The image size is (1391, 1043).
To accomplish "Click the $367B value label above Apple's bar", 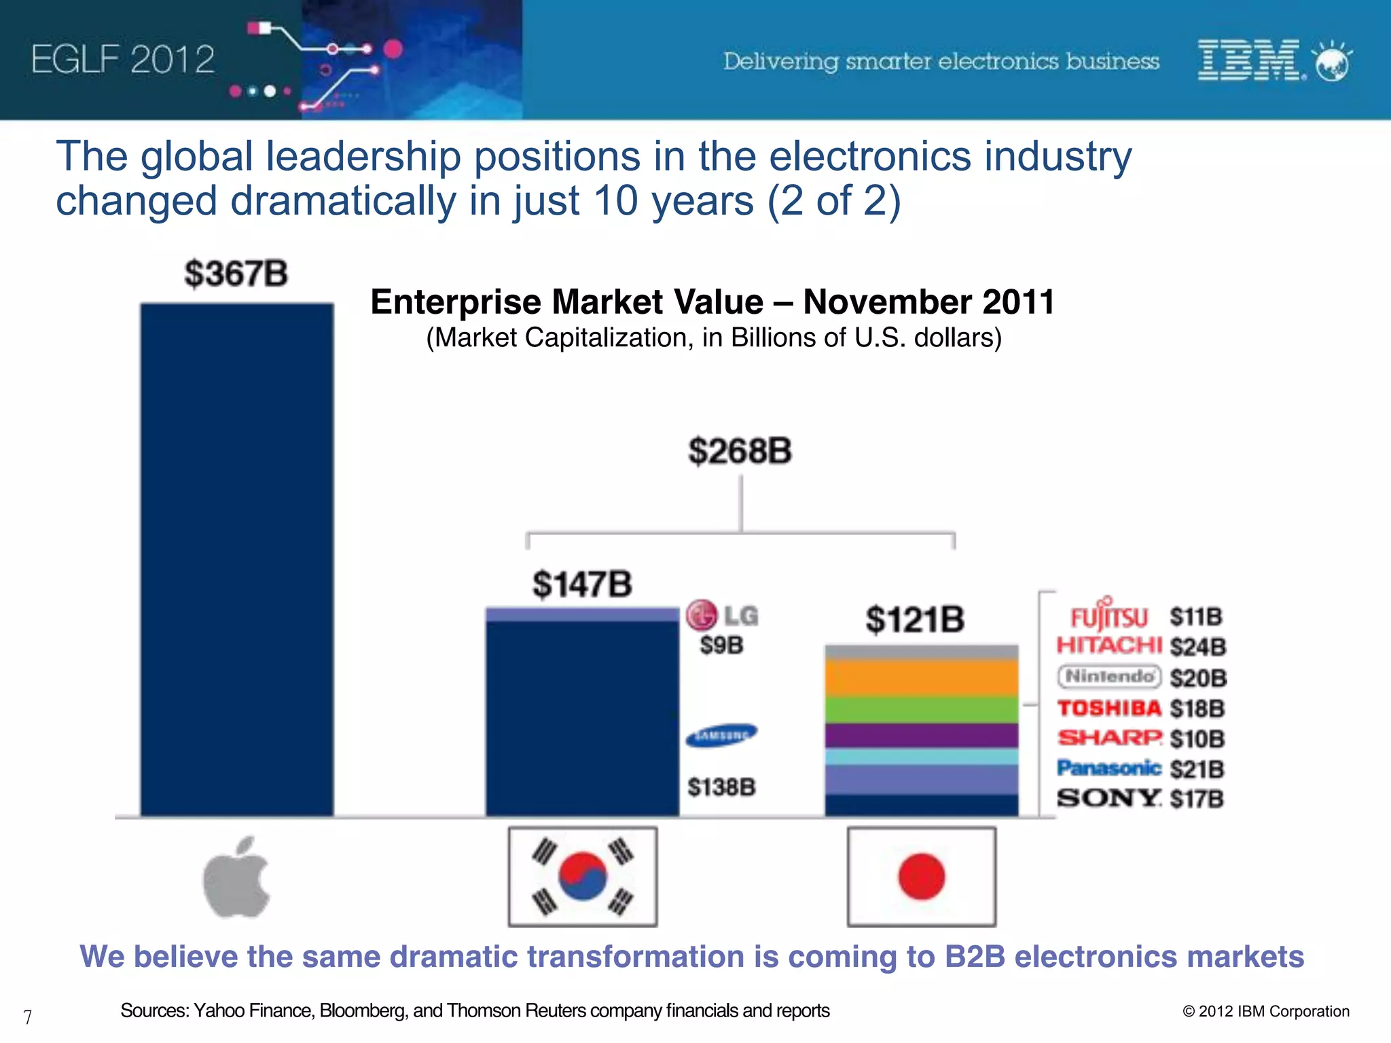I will tap(236, 274).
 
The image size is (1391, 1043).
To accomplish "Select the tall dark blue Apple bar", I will tap(236, 560).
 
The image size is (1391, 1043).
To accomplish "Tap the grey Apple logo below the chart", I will tap(236, 877).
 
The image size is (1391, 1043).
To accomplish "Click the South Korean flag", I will tap(583, 877).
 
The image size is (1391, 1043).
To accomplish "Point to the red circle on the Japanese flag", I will tap(921, 877).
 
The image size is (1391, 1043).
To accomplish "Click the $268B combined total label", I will tap(740, 451).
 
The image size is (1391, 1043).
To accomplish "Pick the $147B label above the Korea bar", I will tap(582, 584).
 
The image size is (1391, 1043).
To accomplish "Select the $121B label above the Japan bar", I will tap(915, 619).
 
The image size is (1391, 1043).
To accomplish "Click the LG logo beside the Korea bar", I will tap(721, 615).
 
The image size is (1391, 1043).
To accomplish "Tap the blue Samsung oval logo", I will tap(721, 735).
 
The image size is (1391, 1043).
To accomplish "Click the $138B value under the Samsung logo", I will tap(721, 787).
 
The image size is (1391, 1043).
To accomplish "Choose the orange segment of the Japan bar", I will tap(921, 678).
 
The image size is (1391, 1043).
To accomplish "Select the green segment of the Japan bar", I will tap(921, 710).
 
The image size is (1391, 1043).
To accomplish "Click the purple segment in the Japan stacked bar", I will tap(921, 735).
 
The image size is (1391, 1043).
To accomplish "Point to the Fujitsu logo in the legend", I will tap(1108, 615).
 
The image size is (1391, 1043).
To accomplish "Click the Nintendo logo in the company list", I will tap(1109, 676).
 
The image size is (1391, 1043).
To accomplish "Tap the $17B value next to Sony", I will tap(1197, 799).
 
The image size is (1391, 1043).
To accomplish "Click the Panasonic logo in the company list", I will tap(1108, 768).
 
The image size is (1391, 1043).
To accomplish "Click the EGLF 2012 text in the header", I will tap(123, 59).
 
